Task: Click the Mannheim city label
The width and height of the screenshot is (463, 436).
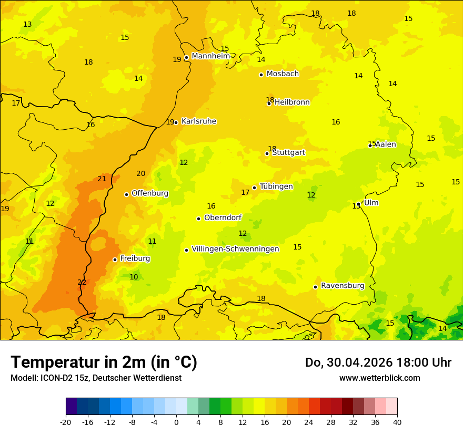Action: (x=210, y=56)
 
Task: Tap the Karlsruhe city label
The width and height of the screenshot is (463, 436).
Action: (x=198, y=121)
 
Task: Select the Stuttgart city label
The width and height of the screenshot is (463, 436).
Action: (x=288, y=152)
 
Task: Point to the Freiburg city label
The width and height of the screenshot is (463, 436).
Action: (x=135, y=258)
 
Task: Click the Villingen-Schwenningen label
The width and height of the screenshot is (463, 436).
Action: (x=235, y=249)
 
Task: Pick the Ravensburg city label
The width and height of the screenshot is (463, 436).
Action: (x=343, y=286)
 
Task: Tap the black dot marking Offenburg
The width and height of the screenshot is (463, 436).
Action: (x=126, y=194)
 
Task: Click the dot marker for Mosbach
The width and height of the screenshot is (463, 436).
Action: (x=261, y=75)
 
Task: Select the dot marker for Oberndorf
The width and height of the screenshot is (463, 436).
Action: (x=198, y=219)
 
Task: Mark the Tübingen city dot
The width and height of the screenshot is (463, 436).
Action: (x=254, y=188)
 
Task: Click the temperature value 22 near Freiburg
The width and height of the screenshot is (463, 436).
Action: (x=82, y=283)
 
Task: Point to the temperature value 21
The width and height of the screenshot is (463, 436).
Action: (x=102, y=179)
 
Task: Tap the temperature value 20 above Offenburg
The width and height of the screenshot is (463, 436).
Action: (x=141, y=174)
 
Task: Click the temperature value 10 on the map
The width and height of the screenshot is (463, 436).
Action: (x=134, y=277)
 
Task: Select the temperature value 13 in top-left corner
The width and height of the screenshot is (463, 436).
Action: (x=27, y=25)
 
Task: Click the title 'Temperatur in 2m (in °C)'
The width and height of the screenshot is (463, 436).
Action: (x=104, y=362)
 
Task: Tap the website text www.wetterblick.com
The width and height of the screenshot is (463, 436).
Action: (x=379, y=378)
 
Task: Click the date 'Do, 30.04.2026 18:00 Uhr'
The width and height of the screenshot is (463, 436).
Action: (x=378, y=362)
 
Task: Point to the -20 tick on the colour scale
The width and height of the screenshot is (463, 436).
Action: (x=66, y=422)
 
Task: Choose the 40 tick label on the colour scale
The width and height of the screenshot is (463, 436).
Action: (x=397, y=422)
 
